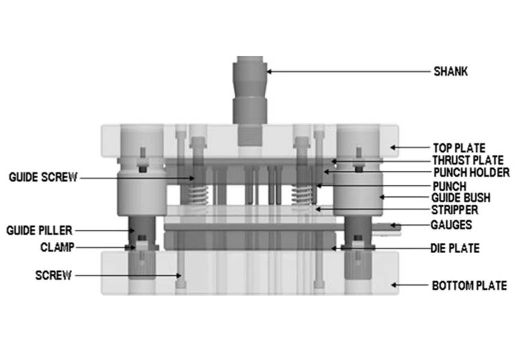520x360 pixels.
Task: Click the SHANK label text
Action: click(450, 71)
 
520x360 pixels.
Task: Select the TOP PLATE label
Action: click(459, 148)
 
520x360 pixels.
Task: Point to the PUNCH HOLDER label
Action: click(471, 172)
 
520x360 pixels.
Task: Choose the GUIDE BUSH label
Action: click(460, 197)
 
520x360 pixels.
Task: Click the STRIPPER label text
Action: click(454, 210)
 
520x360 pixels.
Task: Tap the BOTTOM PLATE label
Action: click(469, 285)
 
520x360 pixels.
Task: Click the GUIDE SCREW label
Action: click(42, 178)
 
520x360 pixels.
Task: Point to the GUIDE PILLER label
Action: click(39, 230)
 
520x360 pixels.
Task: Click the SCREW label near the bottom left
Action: click(53, 275)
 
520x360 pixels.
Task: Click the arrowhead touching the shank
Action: click(270, 71)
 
